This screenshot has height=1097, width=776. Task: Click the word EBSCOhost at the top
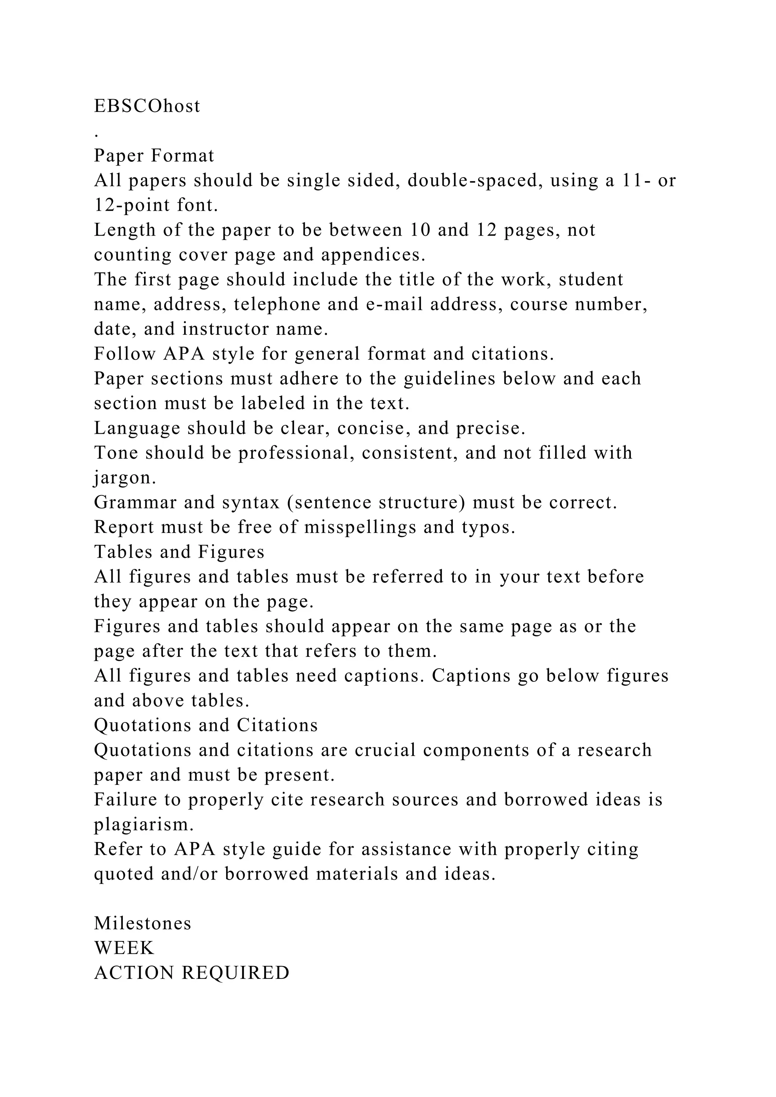[147, 106]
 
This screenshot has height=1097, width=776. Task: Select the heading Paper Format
[154, 156]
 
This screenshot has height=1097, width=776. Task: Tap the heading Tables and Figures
[179, 552]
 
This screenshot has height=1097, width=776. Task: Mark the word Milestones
[142, 924]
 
